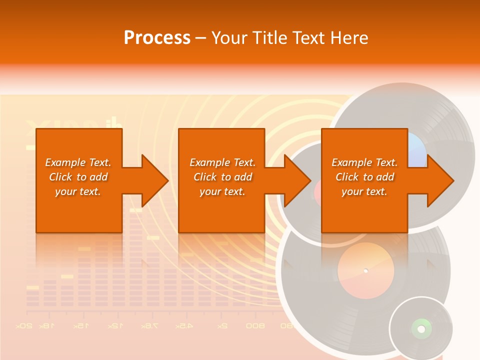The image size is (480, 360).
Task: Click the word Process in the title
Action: [x=157, y=37]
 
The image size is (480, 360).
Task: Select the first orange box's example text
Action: [x=78, y=177]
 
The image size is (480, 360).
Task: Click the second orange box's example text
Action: [x=222, y=177]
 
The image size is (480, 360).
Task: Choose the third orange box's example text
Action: [x=364, y=177]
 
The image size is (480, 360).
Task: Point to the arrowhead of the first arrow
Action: [x=154, y=181]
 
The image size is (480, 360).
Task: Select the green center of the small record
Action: [x=421, y=328]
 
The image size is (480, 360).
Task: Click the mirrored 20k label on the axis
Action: [x=24, y=325]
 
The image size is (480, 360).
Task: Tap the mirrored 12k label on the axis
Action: [x=114, y=325]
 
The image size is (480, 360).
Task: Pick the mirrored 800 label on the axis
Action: [x=255, y=325]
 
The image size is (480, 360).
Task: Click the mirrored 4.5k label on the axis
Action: [x=184, y=325]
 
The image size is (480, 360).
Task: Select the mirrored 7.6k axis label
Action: [x=149, y=325]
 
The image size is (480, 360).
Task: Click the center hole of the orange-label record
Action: [x=365, y=270]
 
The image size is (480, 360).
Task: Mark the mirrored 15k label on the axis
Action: [x=81, y=325]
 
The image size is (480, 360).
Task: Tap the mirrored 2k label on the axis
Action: [x=222, y=325]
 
